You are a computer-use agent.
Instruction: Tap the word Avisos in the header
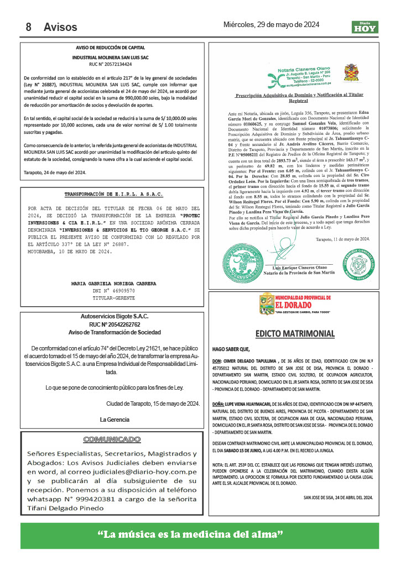coord(60,27)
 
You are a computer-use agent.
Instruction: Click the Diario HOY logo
coord(365,27)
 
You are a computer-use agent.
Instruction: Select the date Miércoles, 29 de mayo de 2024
coord(271,24)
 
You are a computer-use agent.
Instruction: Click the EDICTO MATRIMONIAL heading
coord(295,334)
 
